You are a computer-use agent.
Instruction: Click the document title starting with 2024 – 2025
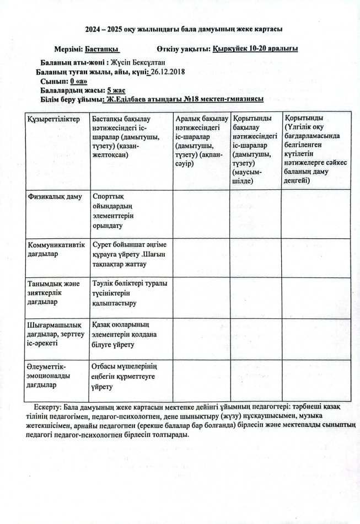(x=180, y=29)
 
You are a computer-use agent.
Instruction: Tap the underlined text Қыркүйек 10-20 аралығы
(x=255, y=49)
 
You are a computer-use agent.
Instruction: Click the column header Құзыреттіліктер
(x=54, y=119)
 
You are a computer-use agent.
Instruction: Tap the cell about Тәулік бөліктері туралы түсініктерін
(x=130, y=293)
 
